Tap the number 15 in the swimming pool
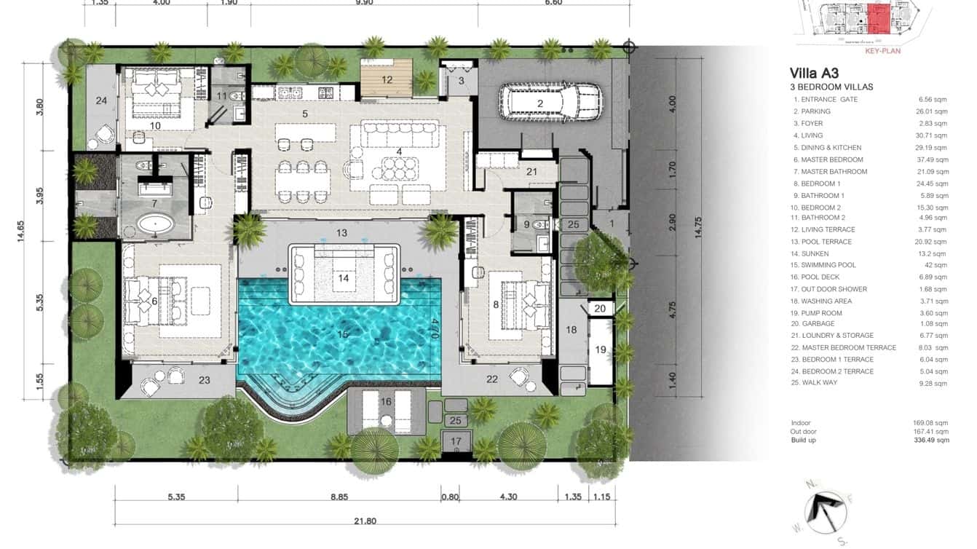(343, 333)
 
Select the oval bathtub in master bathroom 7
(157, 224)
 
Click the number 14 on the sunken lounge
(344, 277)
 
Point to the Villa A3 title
(814, 73)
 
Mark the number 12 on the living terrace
(387, 79)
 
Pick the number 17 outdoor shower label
(456, 441)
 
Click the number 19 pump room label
(601, 349)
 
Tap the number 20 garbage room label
(600, 309)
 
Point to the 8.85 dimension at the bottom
(339, 497)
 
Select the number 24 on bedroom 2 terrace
(101, 100)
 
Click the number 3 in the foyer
(461, 81)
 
